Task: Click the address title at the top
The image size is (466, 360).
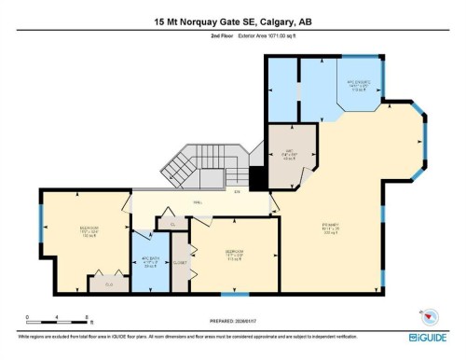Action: pyautogui.click(x=233, y=21)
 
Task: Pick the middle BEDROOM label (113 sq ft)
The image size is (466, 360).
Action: pyautogui.click(x=235, y=253)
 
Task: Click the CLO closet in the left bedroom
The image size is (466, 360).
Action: pyautogui.click(x=109, y=283)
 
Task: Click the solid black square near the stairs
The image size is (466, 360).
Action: pyautogui.click(x=258, y=176)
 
